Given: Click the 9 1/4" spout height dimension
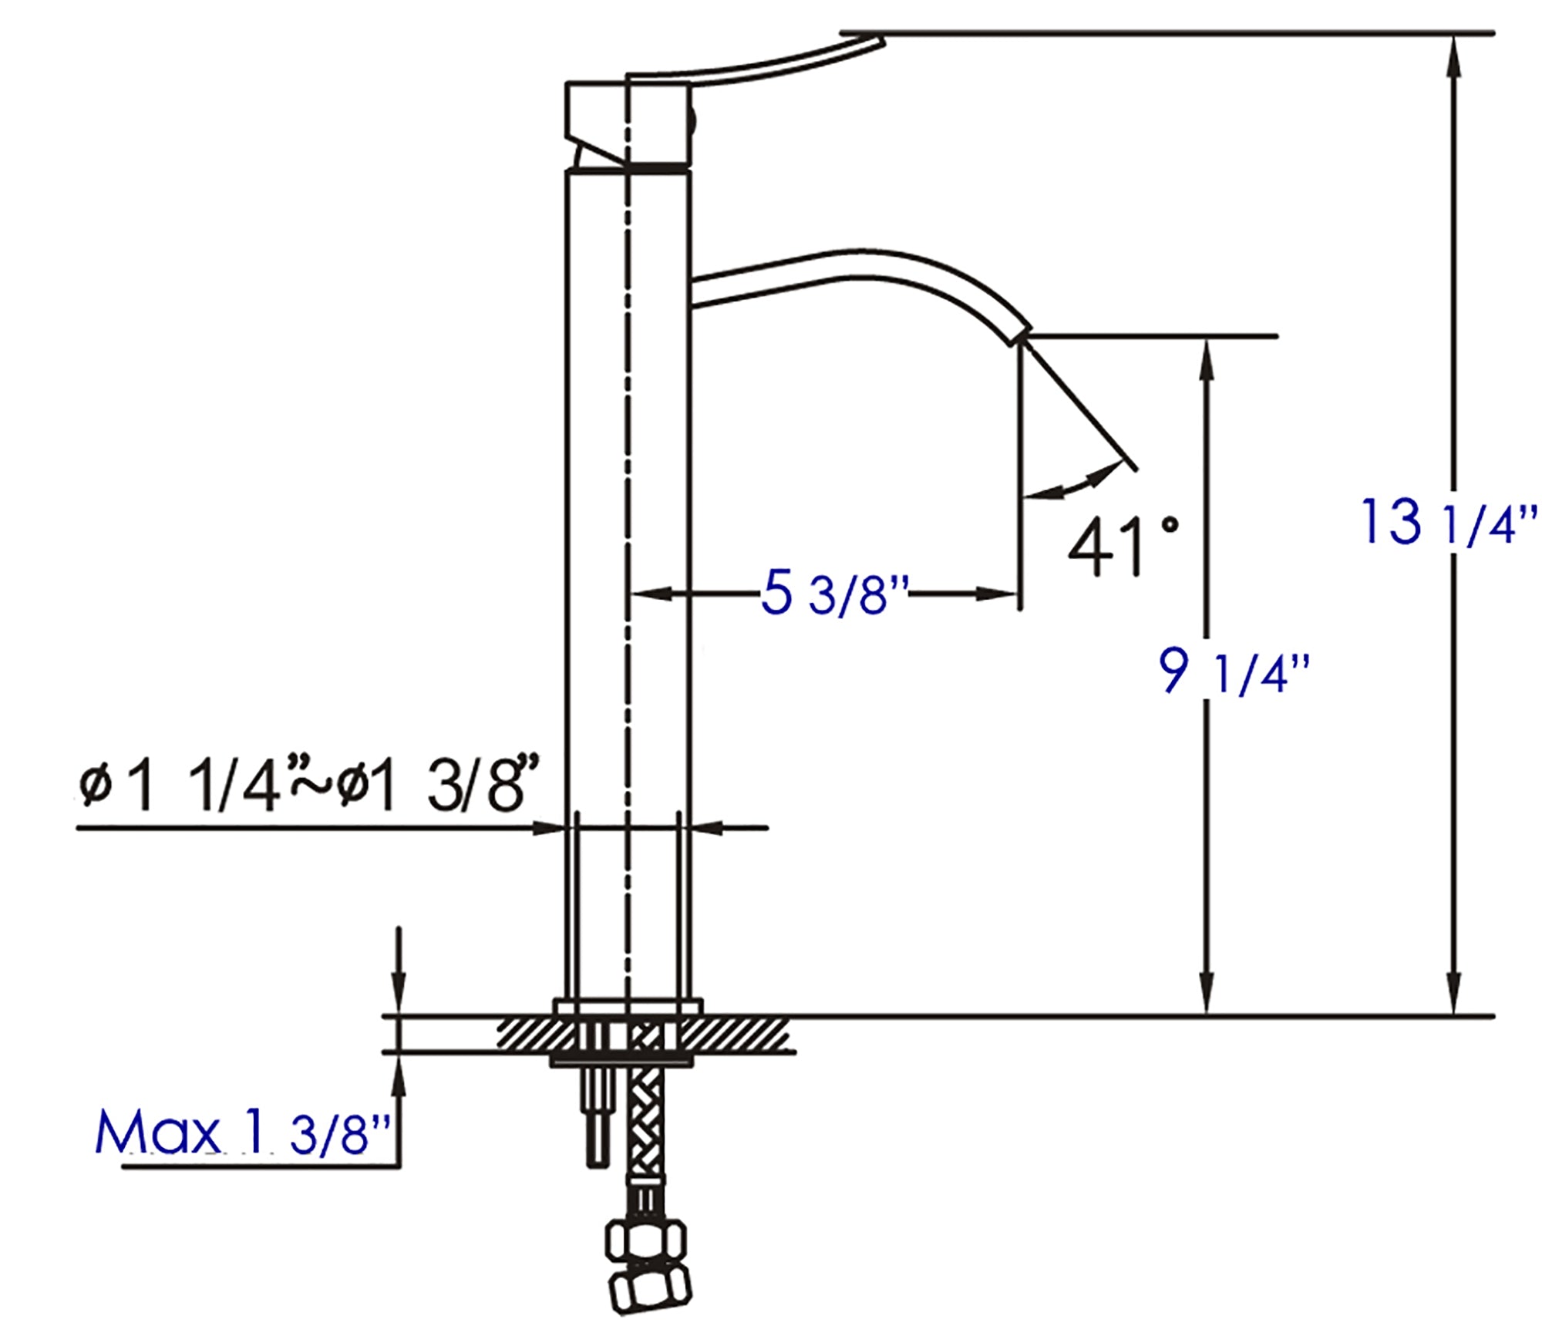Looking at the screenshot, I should click(1234, 672).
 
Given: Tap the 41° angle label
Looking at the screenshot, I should click(1122, 546).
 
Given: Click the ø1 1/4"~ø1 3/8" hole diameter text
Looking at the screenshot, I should click(308, 785).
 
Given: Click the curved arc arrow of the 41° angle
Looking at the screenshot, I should click(1076, 483).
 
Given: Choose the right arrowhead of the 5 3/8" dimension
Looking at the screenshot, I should click(998, 594).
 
